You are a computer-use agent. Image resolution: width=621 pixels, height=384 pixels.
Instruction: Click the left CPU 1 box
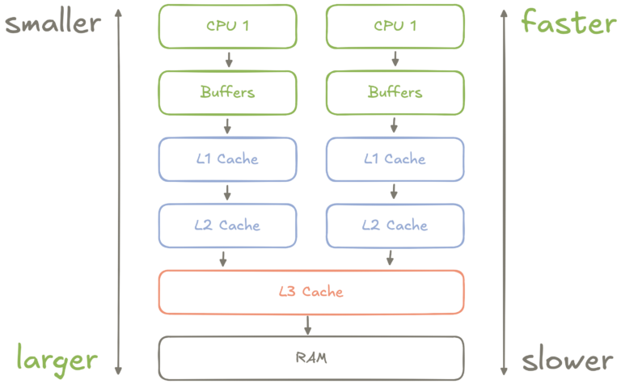(x=228, y=27)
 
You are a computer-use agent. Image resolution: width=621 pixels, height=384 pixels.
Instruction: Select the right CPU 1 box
(x=395, y=27)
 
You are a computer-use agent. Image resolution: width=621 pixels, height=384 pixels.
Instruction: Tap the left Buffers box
(x=228, y=93)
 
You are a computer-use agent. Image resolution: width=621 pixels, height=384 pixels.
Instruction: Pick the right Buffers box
(x=395, y=93)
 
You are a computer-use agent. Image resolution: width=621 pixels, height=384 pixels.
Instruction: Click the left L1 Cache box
(x=228, y=159)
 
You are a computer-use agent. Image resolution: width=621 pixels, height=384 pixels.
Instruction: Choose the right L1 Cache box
(x=395, y=159)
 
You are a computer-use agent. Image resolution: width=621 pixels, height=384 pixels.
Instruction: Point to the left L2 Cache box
(x=228, y=226)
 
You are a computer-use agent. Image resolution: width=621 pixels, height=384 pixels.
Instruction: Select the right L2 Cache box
(x=395, y=226)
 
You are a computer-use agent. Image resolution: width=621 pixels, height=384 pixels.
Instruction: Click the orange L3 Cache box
(x=311, y=293)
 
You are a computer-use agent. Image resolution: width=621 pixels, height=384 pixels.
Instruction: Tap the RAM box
(x=311, y=359)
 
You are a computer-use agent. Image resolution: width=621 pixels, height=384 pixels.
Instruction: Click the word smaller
(x=53, y=23)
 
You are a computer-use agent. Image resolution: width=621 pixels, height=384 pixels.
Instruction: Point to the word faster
(x=569, y=22)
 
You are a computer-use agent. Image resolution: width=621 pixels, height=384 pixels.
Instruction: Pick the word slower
(x=568, y=359)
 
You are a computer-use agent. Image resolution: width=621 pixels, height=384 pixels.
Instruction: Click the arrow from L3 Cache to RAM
(x=308, y=326)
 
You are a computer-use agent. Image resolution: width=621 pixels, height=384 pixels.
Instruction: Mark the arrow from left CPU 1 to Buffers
(x=229, y=59)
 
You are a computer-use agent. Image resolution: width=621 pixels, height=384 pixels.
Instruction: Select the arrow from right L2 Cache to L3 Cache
(x=390, y=258)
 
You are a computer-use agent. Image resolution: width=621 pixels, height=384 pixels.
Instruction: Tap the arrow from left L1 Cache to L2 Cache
(x=227, y=192)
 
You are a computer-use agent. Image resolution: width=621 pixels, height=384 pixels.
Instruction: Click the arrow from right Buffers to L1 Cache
(x=394, y=125)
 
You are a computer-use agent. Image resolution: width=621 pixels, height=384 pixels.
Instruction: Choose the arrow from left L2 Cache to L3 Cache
(x=223, y=259)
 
